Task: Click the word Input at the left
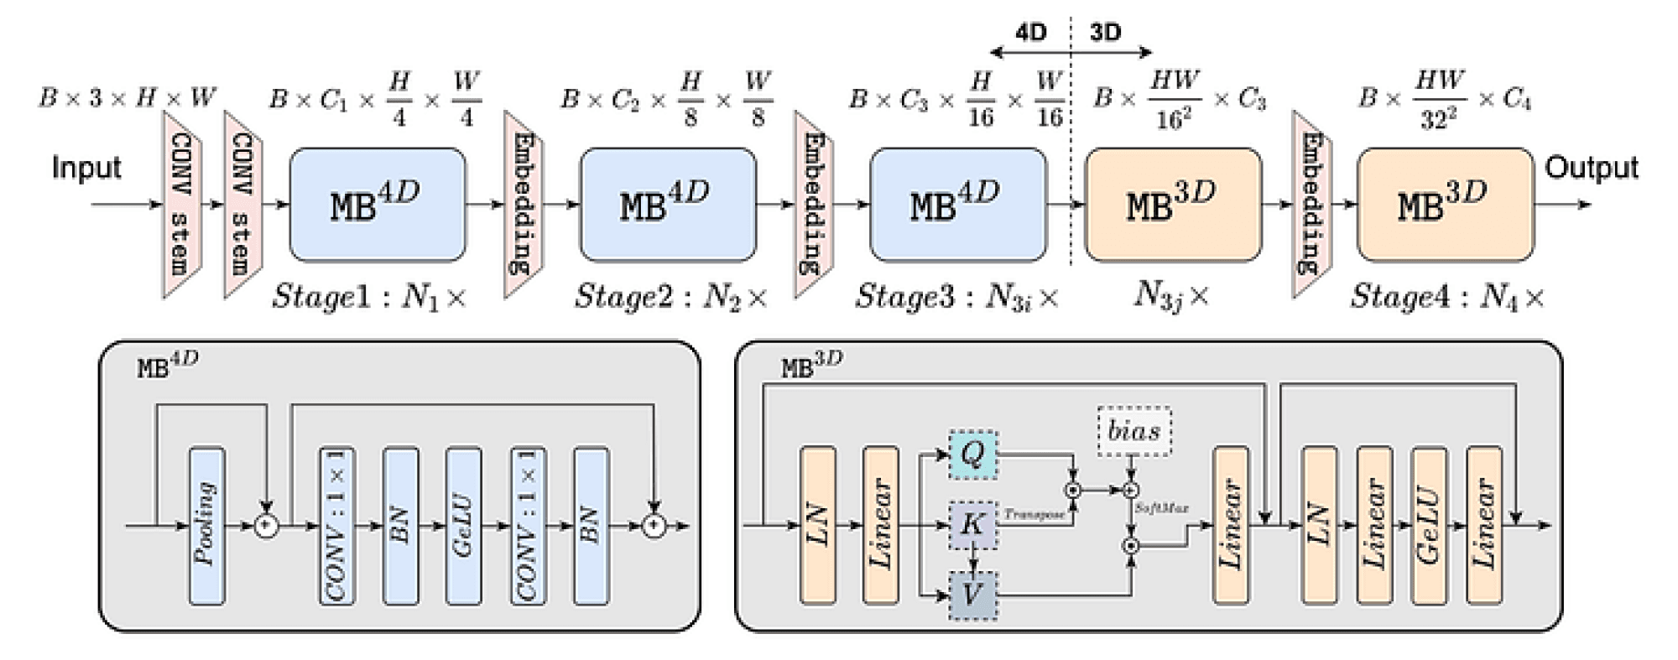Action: (86, 168)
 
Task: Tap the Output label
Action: (1591, 168)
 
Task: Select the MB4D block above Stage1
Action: (377, 205)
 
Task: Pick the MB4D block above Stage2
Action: (668, 205)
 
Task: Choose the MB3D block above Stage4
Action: (1445, 205)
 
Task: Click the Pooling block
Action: (206, 526)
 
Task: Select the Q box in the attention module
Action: (972, 455)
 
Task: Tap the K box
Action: (972, 525)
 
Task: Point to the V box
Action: (972, 595)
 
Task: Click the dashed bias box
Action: (1134, 431)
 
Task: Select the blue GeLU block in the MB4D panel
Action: (463, 526)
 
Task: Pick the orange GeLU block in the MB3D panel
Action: (1429, 526)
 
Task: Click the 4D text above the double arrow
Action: (1030, 32)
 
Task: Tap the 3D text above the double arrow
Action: (1105, 32)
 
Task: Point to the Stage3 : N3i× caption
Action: (956, 297)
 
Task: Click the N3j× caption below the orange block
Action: (1171, 294)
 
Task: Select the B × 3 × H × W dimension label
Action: (127, 98)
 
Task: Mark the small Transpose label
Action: (1034, 514)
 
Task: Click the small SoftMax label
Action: (1161, 508)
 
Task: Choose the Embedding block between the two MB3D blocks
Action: (1311, 205)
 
